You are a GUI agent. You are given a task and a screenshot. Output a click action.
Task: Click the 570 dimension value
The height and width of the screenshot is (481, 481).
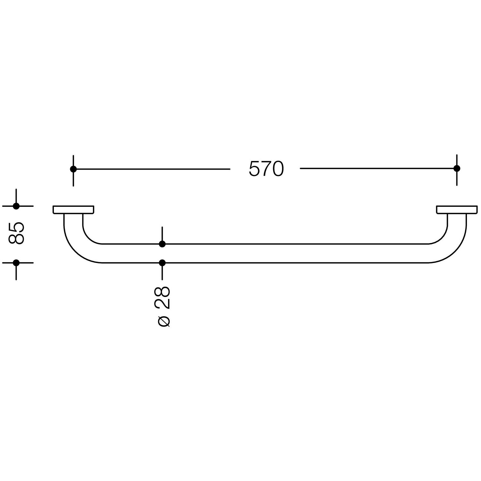[x=266, y=169]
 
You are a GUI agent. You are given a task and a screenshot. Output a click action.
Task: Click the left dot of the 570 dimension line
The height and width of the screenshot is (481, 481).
[x=73, y=169]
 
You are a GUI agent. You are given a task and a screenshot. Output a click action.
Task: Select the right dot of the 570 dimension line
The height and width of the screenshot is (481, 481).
[x=457, y=168]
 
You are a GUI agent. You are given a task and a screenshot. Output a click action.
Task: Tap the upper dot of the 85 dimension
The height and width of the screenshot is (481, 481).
[x=16, y=206]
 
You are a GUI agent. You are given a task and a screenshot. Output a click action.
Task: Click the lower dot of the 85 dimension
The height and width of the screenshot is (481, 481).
[x=16, y=263]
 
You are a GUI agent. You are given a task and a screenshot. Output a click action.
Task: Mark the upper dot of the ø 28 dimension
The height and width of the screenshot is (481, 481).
[x=162, y=244]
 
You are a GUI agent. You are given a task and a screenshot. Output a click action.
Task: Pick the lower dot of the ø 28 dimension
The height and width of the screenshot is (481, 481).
[x=162, y=263]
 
